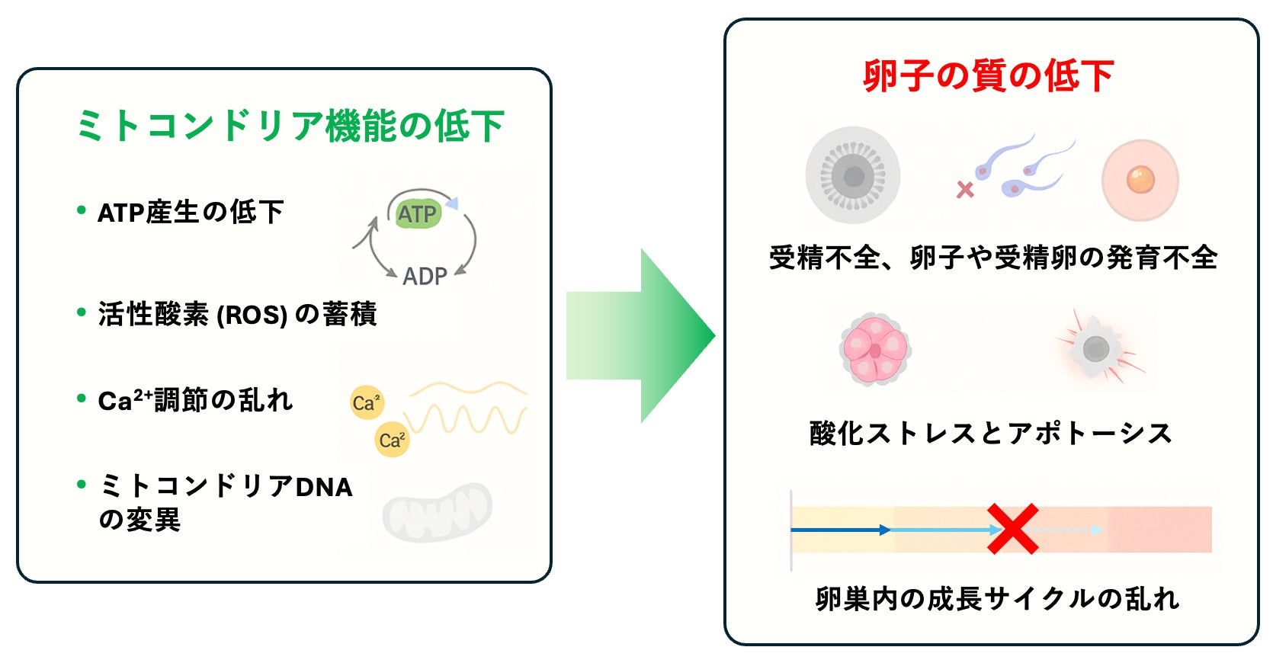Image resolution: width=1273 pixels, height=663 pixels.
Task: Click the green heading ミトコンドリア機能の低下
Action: pyautogui.click(x=290, y=126)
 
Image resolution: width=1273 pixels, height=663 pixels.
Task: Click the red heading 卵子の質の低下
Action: pyautogui.click(x=988, y=76)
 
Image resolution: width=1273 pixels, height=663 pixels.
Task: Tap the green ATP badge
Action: pyautogui.click(x=417, y=214)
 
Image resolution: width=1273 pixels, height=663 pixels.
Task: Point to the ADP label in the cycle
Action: pyautogui.click(x=425, y=276)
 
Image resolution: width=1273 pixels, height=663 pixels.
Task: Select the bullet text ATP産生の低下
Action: pyautogui.click(x=191, y=212)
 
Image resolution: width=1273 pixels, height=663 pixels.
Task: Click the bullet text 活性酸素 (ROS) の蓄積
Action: pyautogui.click(x=237, y=314)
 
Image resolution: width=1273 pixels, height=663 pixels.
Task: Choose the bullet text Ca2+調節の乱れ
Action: pyautogui.click(x=195, y=400)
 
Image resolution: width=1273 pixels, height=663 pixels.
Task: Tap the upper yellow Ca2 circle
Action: pyautogui.click(x=367, y=402)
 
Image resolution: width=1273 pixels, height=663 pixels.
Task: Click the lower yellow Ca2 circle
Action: pyautogui.click(x=392, y=440)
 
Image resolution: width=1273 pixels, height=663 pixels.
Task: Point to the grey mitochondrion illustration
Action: pyautogui.click(x=438, y=511)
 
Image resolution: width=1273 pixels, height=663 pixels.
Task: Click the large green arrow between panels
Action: pyautogui.click(x=640, y=335)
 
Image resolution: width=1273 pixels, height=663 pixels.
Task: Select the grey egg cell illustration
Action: pyautogui.click(x=853, y=175)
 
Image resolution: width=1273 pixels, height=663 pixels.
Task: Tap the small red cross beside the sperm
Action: pyautogui.click(x=965, y=189)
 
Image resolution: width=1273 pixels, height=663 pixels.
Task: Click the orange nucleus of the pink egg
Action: pyautogui.click(x=1140, y=180)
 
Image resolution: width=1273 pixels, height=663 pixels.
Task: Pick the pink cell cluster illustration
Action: pyautogui.click(x=875, y=349)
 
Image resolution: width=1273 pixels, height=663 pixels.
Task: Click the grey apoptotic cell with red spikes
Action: pyautogui.click(x=1095, y=349)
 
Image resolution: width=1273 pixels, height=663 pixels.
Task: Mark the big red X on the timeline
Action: pyautogui.click(x=1012, y=529)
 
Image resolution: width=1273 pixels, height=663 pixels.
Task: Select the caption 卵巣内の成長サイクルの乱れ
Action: pyautogui.click(x=997, y=599)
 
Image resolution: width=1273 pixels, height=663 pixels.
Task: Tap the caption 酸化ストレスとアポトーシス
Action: pyautogui.click(x=990, y=433)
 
